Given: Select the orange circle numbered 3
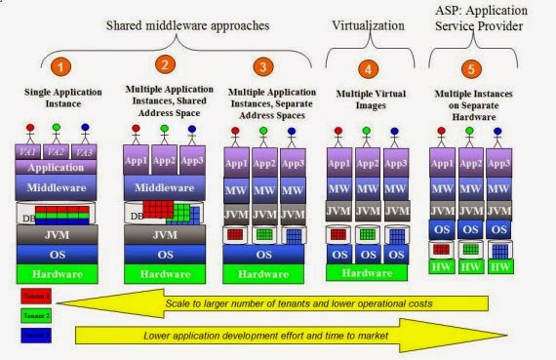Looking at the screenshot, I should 261,67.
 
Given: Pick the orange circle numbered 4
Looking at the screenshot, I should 367,69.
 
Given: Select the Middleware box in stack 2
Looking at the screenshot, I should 164,186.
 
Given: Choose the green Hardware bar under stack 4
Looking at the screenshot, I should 366,273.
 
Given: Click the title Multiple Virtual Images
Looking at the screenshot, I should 367,93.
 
